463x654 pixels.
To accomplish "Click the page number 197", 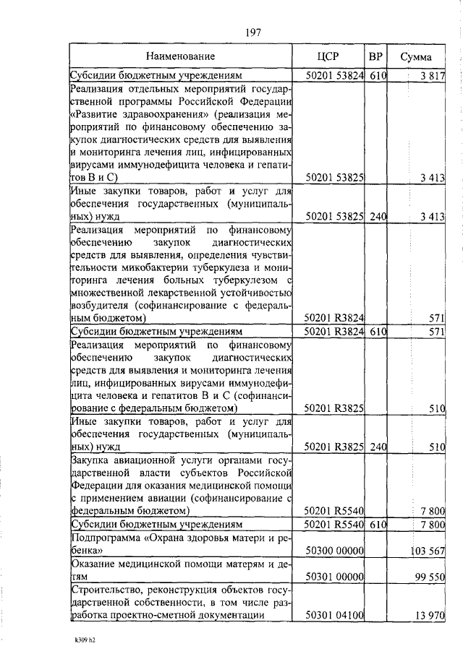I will [x=252, y=32].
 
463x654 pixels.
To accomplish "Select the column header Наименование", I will [x=180, y=56].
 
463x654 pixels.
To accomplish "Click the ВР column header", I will [x=375, y=56].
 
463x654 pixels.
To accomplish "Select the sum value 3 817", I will [x=433, y=75].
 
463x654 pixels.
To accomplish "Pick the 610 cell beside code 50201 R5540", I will [x=375, y=524].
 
